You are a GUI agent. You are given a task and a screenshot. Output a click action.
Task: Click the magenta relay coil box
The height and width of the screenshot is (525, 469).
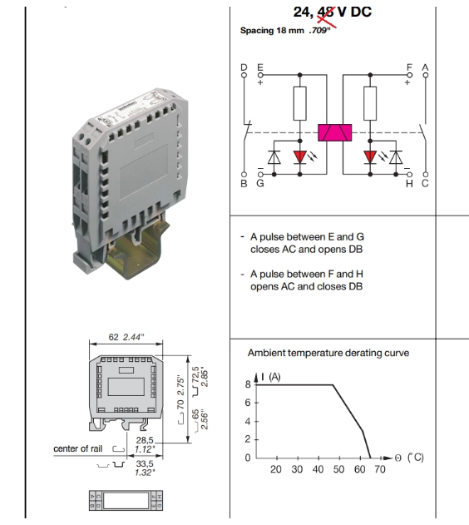(334, 132)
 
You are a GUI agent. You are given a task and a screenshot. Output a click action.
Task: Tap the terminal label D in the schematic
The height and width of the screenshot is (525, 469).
(244, 67)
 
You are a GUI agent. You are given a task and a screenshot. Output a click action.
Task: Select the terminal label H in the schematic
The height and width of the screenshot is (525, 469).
(409, 184)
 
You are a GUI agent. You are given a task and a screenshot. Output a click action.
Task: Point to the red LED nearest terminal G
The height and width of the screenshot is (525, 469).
(299, 157)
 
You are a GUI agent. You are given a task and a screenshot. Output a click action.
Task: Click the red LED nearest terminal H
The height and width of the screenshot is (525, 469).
(370, 157)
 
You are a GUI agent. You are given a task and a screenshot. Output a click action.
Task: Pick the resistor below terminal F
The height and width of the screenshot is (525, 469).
(370, 103)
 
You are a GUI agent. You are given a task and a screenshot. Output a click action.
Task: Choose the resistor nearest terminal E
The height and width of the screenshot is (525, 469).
(299, 103)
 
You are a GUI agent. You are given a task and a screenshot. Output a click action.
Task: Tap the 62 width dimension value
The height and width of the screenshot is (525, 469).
(113, 337)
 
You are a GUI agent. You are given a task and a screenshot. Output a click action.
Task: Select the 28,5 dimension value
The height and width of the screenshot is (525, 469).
(145, 440)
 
